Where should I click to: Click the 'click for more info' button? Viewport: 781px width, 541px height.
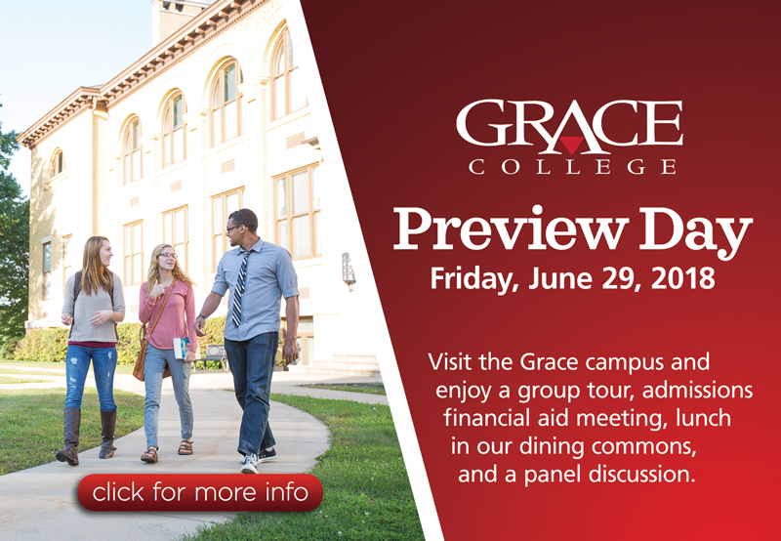pyautogui.click(x=200, y=492)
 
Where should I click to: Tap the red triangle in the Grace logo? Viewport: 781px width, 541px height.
pyautogui.click(x=571, y=144)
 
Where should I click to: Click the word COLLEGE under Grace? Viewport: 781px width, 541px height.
pyautogui.click(x=572, y=167)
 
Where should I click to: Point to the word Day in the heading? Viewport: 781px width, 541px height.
pyautogui.click(x=696, y=232)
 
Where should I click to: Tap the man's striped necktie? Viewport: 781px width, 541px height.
pyautogui.click(x=240, y=288)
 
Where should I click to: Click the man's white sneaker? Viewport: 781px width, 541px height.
pyautogui.click(x=250, y=463)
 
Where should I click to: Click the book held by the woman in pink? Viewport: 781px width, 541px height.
pyautogui.click(x=181, y=348)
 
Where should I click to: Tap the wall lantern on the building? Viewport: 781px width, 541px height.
pyautogui.click(x=349, y=271)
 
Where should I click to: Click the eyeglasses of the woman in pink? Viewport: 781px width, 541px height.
pyautogui.click(x=167, y=256)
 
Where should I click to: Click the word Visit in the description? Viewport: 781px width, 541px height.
pyautogui.click(x=451, y=361)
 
